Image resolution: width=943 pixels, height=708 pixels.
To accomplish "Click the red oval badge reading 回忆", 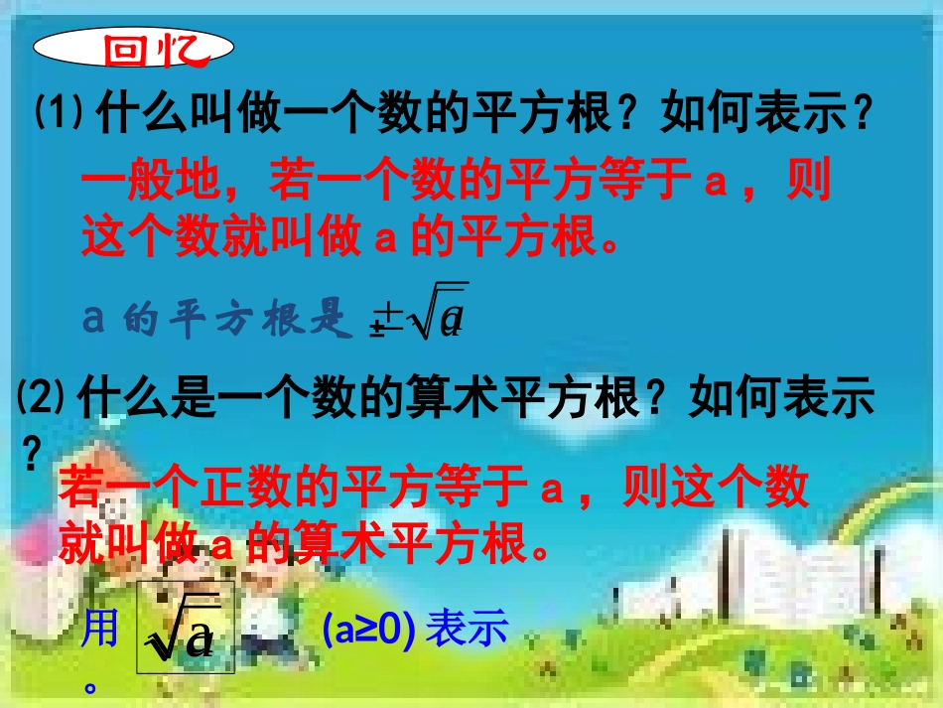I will pyautogui.click(x=135, y=48).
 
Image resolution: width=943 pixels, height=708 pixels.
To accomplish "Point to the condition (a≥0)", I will pyautogui.click(x=367, y=630).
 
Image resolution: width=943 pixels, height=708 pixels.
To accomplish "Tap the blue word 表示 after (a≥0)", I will pyautogui.click(x=467, y=630).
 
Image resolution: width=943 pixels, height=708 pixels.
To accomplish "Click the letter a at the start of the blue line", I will pyautogui.click(x=93, y=320).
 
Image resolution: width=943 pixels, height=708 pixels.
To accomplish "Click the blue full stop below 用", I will pyautogui.click(x=92, y=684).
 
